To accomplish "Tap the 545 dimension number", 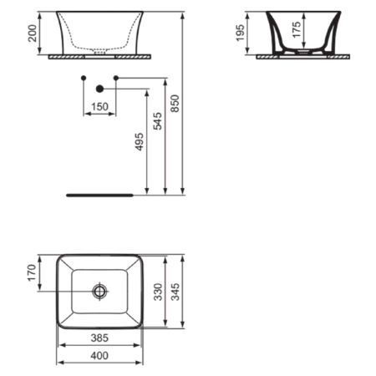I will (156, 122).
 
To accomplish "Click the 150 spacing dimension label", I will (99, 107).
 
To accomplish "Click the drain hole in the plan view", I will (100, 292).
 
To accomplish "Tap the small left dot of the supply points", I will (83, 78).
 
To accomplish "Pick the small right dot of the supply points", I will (115, 78).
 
